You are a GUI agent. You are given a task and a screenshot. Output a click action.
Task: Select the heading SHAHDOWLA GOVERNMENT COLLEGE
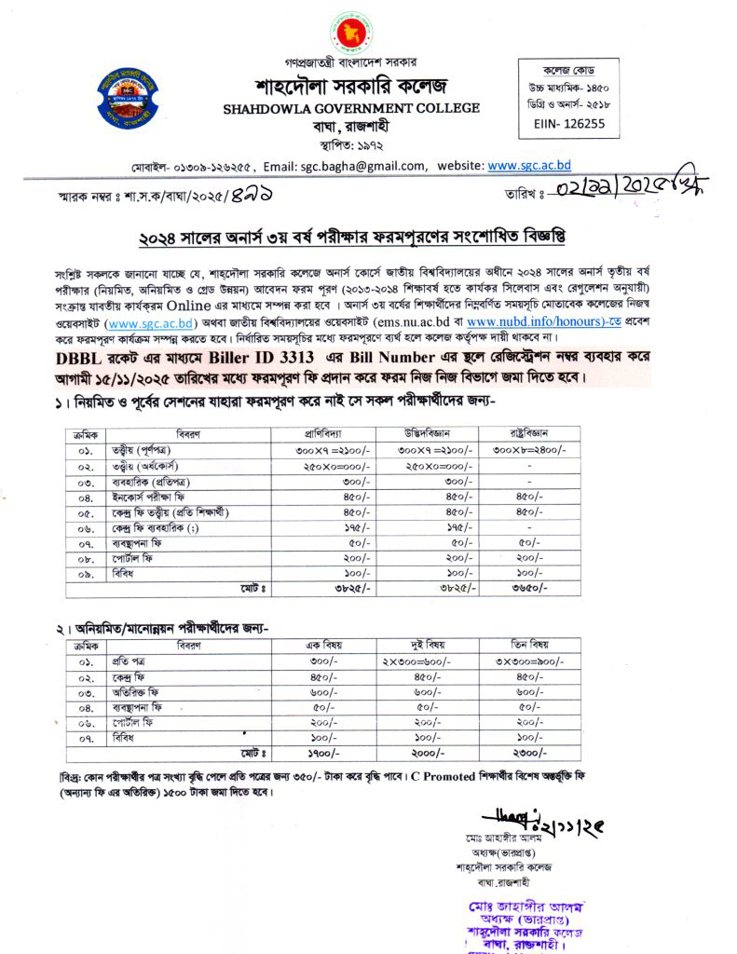pos(351,108)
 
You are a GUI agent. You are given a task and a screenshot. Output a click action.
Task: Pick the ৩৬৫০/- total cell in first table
pos(529,589)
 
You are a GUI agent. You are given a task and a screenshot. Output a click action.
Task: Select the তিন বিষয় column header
pos(529,644)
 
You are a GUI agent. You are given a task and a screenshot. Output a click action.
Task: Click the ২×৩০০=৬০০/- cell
pos(425,661)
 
